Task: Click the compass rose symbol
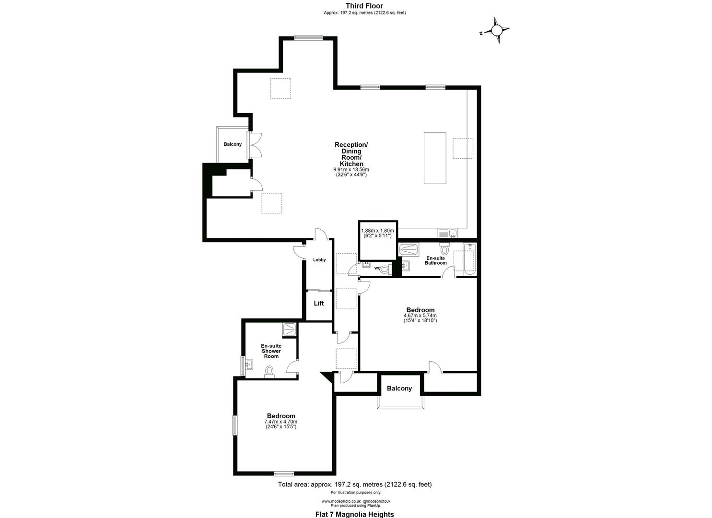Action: tap(497, 31)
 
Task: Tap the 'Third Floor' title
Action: tap(364, 6)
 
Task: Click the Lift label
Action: tap(319, 303)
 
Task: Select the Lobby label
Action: tap(319, 260)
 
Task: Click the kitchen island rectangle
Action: tap(435, 158)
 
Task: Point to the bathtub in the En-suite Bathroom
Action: tap(469, 259)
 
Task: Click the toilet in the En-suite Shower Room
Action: tap(269, 372)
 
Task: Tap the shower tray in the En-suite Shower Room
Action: tap(290, 329)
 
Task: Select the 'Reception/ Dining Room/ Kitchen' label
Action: tap(351, 154)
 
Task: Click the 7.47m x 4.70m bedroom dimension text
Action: tap(281, 424)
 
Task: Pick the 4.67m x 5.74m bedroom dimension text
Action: tap(420, 318)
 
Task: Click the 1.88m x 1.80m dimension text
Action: tap(377, 234)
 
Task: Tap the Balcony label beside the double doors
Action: tap(233, 144)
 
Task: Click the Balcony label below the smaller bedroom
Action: tap(399, 388)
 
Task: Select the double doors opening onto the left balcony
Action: tap(254, 144)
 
